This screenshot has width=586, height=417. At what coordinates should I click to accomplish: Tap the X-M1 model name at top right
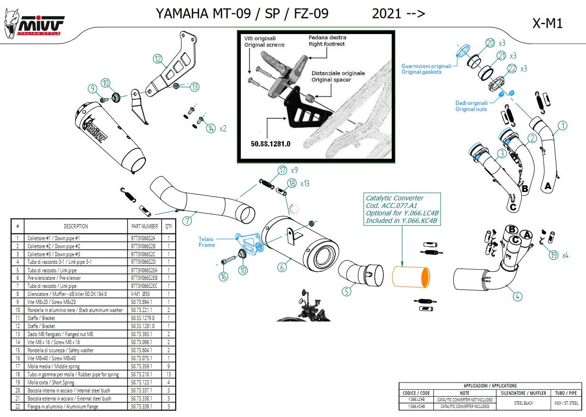547,24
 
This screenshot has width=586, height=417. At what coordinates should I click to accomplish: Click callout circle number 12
158,59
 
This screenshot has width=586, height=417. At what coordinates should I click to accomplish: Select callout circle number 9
93,88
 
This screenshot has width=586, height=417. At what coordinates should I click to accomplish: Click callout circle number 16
223,276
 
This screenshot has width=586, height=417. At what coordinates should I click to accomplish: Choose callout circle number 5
347,291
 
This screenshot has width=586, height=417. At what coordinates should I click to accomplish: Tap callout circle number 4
518,296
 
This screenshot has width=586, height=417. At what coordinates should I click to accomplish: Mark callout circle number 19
554,255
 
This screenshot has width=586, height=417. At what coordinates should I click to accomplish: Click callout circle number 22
512,69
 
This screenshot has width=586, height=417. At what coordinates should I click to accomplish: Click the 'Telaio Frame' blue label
206,242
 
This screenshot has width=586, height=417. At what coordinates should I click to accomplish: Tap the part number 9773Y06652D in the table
143,262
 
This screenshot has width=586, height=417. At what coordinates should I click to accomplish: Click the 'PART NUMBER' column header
144,226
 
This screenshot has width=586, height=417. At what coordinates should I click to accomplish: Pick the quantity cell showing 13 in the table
169,374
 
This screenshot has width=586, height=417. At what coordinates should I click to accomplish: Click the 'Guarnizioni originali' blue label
426,69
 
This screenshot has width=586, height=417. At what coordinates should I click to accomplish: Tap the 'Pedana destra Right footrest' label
327,41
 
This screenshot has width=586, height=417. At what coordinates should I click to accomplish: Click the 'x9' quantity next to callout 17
294,170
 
